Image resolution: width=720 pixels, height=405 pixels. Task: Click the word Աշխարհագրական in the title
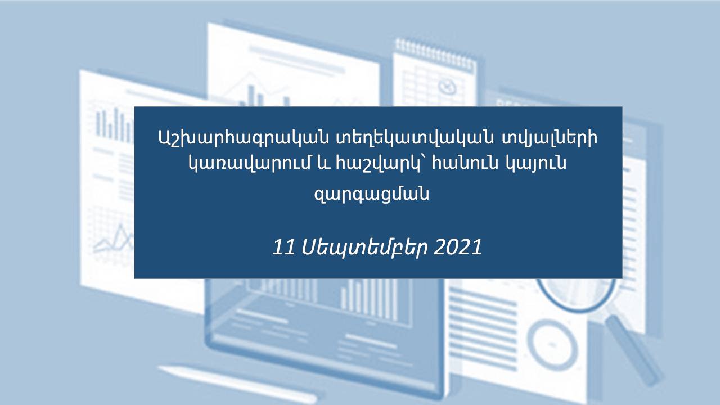tap(244, 138)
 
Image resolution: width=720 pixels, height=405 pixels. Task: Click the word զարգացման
tap(372, 193)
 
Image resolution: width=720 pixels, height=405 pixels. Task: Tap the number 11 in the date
tap(284, 247)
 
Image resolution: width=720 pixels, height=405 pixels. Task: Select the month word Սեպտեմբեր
tap(365, 248)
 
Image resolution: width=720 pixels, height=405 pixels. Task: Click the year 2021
tap(458, 247)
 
